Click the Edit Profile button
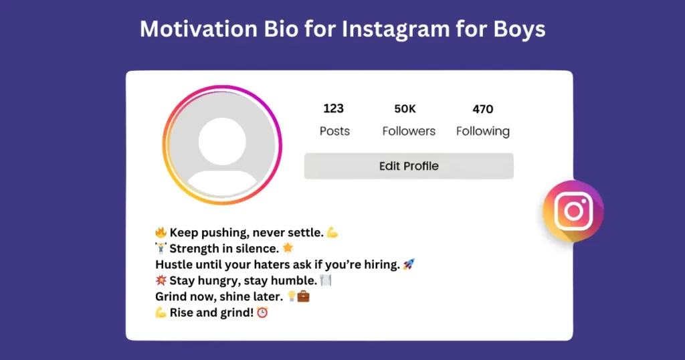409,166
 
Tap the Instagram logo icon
573,211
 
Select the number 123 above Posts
333,108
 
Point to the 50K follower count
405,108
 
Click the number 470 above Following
482,108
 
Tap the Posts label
334,131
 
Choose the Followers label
409,131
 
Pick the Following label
482,131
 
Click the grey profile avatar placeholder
222,145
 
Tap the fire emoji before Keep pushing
161,233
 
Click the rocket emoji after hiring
409,264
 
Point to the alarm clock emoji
262,312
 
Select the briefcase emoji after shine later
303,296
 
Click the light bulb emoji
292,296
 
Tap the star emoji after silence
288,248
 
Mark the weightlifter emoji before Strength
161,248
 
